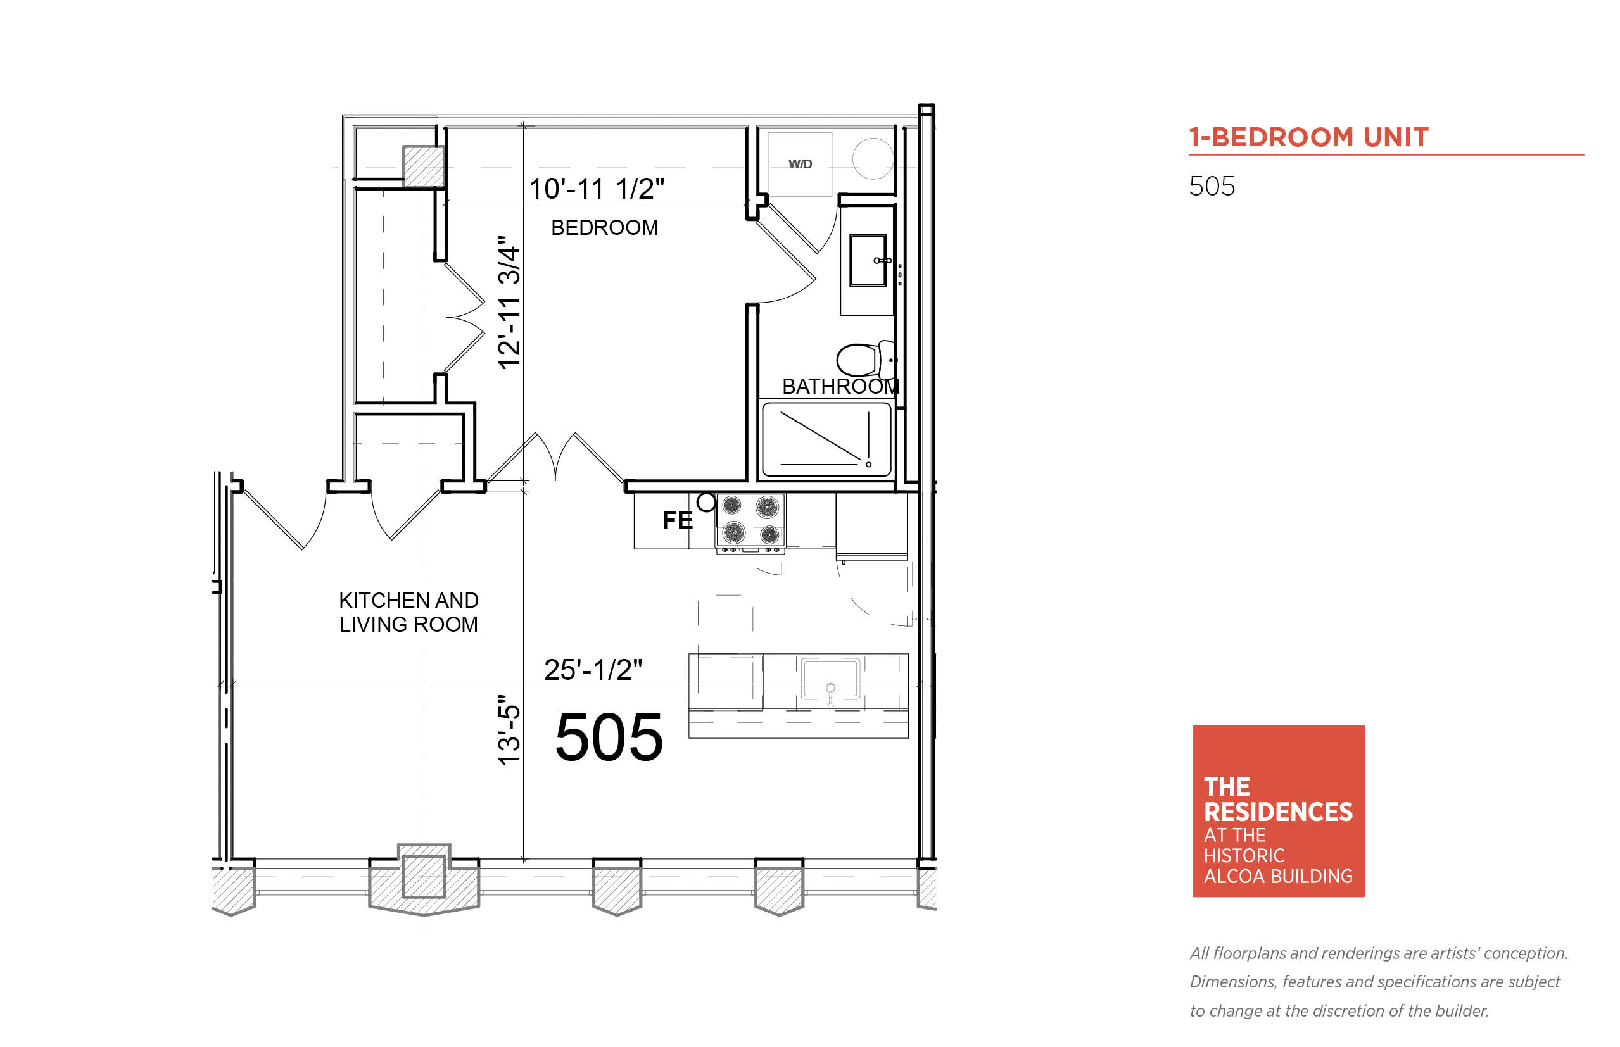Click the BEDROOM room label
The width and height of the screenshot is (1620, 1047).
click(x=605, y=227)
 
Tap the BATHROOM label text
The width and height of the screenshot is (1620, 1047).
click(x=840, y=386)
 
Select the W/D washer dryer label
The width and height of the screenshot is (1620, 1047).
click(x=800, y=164)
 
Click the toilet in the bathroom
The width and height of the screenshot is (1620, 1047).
click(x=865, y=359)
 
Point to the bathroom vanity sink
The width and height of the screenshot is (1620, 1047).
click(x=868, y=260)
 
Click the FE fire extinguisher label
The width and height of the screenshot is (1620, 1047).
click(x=678, y=520)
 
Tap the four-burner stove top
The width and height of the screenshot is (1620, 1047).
click(x=750, y=521)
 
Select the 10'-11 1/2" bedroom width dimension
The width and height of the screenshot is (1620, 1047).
click(x=597, y=189)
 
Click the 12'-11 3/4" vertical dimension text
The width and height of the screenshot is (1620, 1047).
click(x=509, y=303)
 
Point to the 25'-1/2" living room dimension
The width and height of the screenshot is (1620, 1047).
click(x=592, y=670)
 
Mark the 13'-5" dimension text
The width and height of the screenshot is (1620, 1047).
click(x=509, y=730)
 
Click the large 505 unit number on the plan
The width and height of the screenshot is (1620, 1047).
click(x=609, y=737)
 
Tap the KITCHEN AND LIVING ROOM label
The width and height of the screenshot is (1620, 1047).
click(x=408, y=612)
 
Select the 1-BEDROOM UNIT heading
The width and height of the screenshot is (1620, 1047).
click(x=1308, y=137)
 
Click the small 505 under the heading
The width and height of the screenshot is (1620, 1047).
click(x=1212, y=186)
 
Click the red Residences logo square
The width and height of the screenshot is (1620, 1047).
click(x=1279, y=811)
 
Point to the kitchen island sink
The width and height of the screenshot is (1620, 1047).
click(x=830, y=679)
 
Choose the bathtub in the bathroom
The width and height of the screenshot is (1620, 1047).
click(x=826, y=440)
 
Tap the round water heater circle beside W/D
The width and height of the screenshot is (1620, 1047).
click(x=873, y=158)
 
